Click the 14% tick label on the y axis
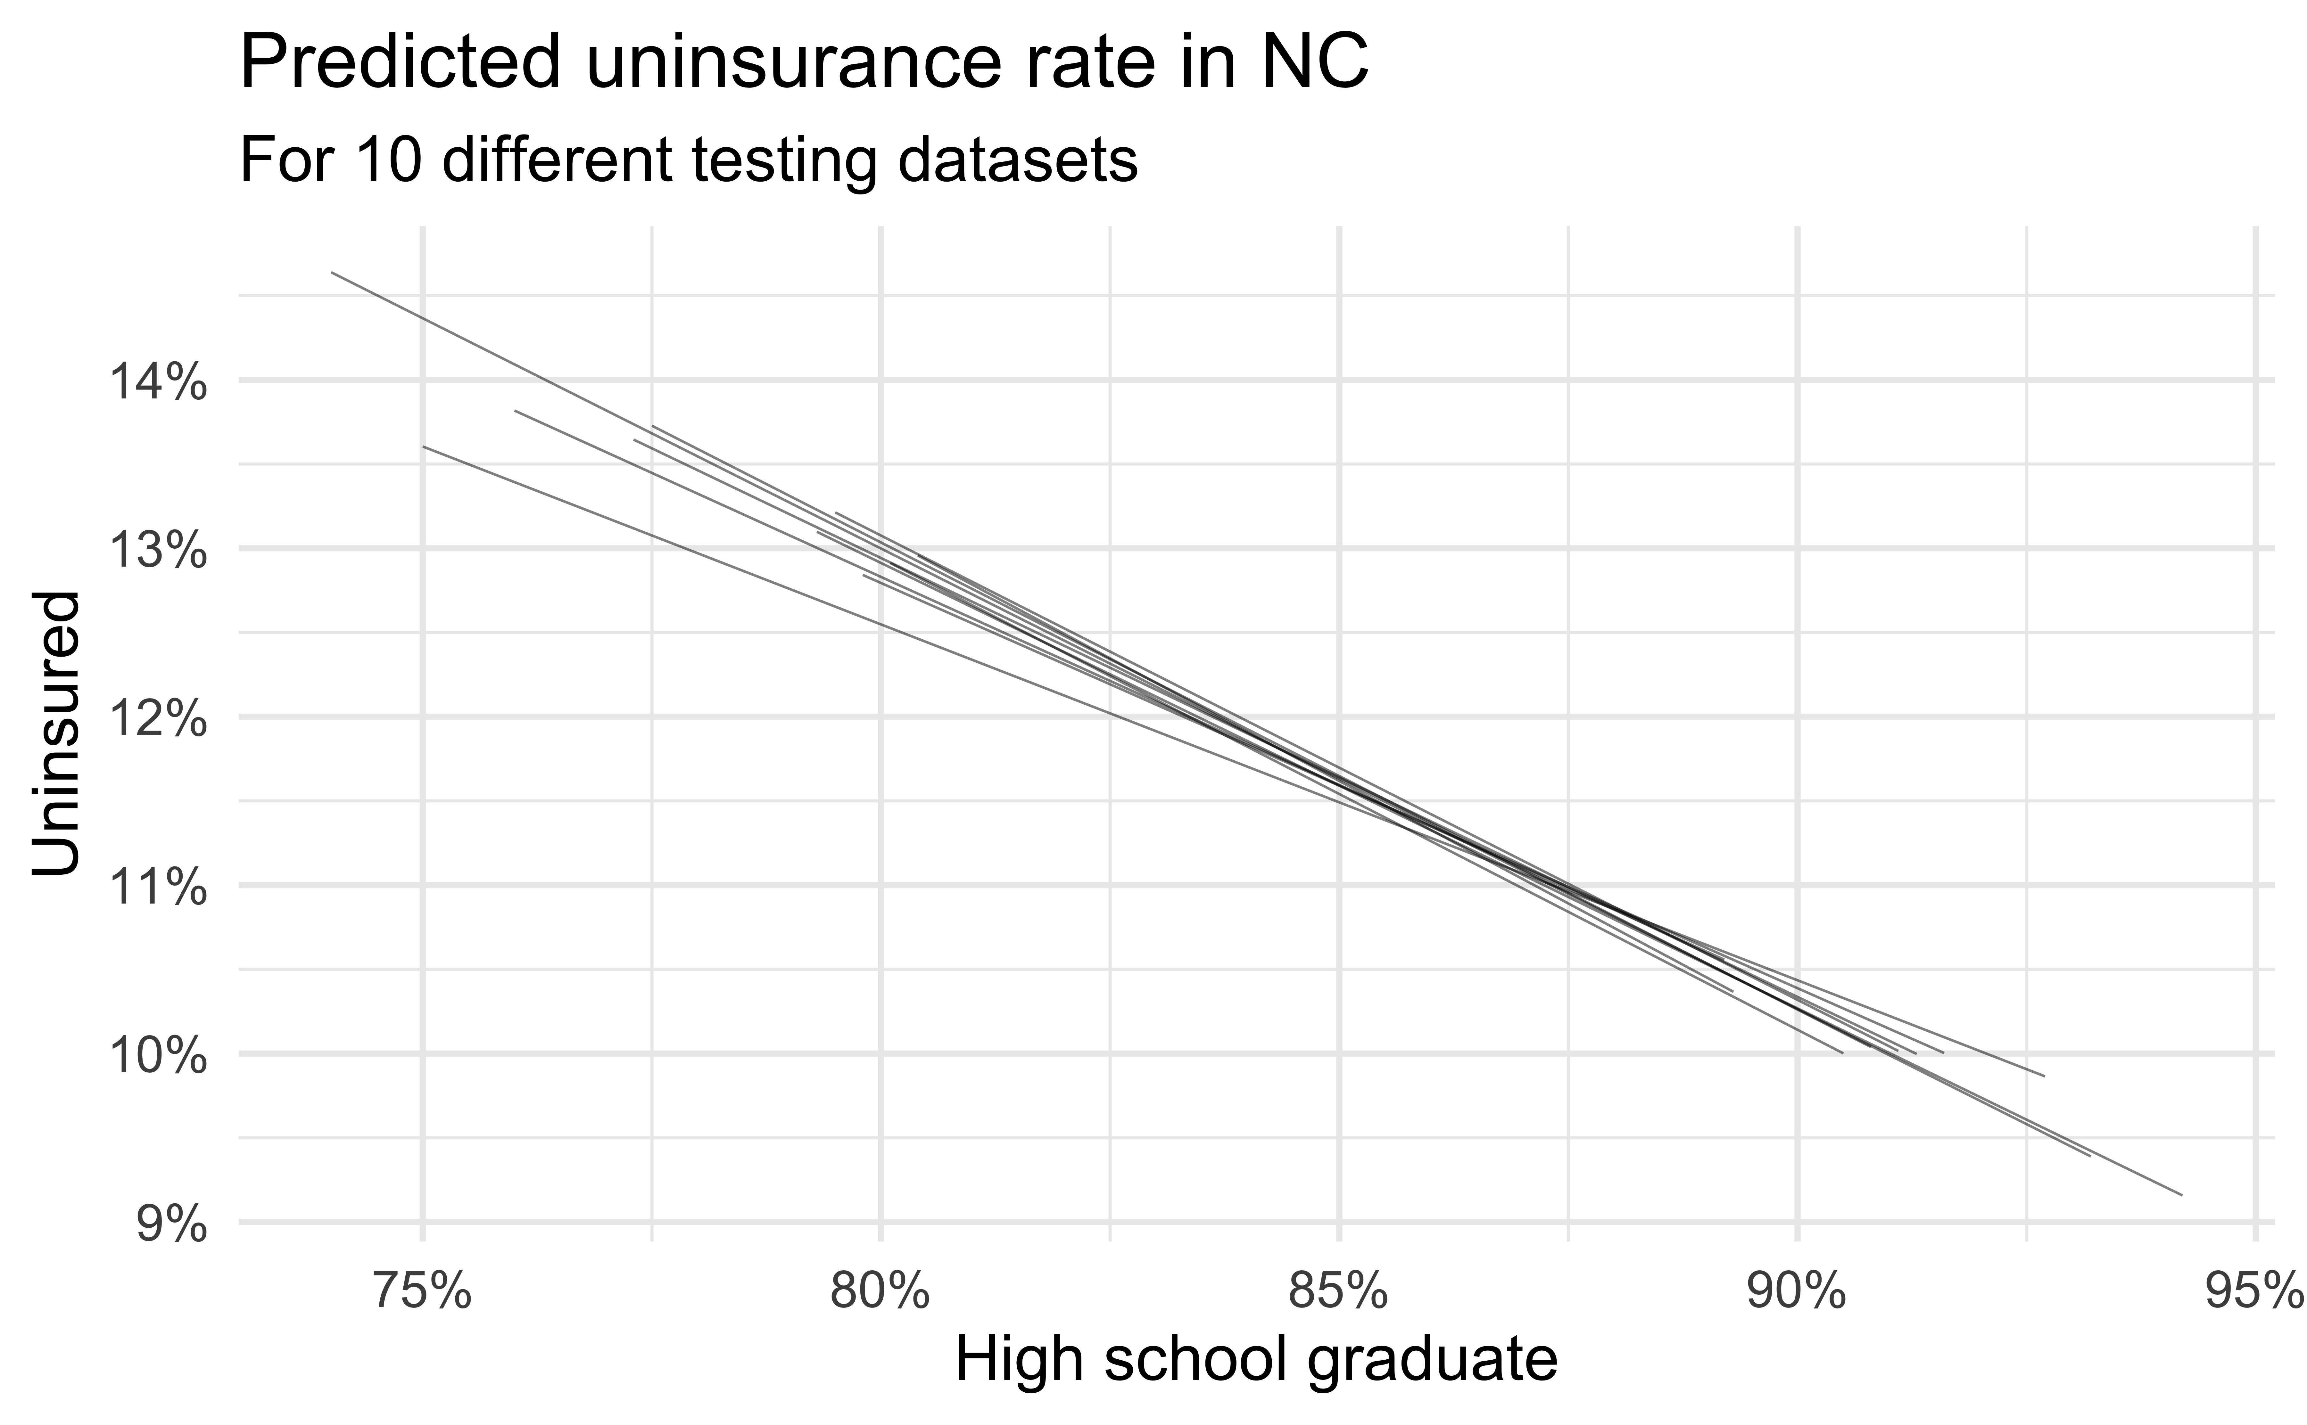(157, 384)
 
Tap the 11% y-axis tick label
(157, 889)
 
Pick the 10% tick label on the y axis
(157, 1057)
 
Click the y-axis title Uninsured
(57, 733)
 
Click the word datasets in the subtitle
(1018, 160)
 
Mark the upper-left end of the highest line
(332, 272)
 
